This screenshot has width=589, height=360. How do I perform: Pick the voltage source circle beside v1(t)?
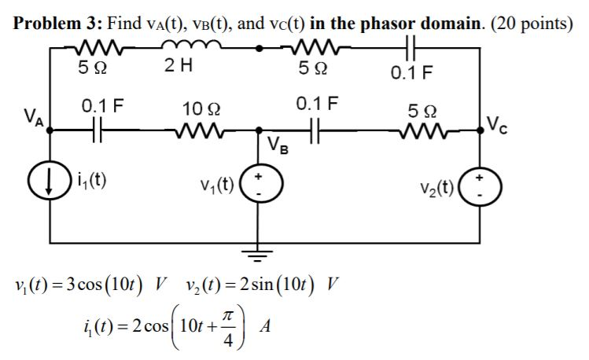coord(256,186)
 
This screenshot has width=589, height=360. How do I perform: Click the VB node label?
coord(278,144)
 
